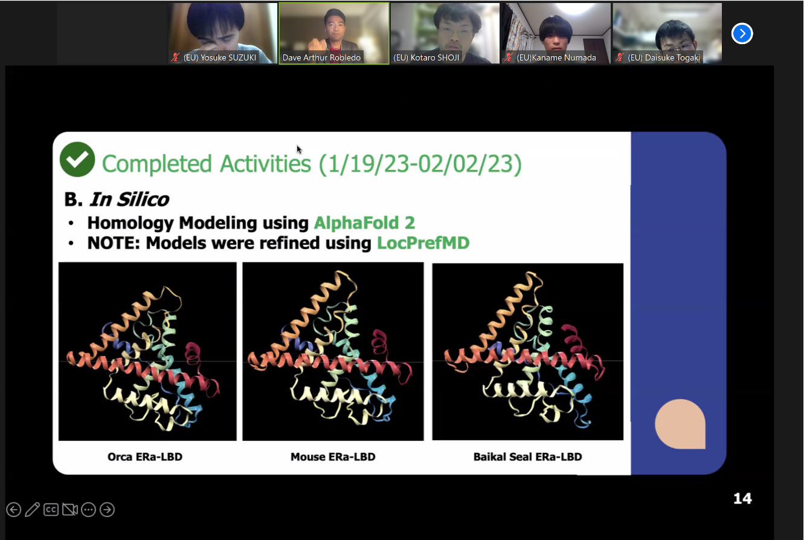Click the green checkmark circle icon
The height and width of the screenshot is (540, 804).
click(x=77, y=160)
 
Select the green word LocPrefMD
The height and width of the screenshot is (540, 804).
click(x=423, y=243)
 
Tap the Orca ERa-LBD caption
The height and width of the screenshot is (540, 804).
click(x=145, y=457)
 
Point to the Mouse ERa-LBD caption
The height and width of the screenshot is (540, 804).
click(x=333, y=457)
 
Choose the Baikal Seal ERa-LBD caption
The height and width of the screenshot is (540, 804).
click(x=527, y=457)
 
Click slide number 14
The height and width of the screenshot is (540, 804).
click(x=742, y=498)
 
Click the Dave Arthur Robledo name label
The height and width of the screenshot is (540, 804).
click(x=321, y=57)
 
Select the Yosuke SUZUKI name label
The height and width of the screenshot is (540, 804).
click(x=220, y=57)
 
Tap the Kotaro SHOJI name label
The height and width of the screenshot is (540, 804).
click(x=426, y=57)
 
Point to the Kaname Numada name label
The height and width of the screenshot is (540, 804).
click(x=556, y=57)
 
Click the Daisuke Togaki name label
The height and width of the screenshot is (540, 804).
click(x=664, y=57)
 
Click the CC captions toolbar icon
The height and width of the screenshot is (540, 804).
click(x=51, y=509)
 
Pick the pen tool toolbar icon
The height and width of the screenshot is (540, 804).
click(x=32, y=509)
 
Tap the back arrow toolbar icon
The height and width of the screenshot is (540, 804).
click(x=14, y=509)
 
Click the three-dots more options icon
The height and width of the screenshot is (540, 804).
click(x=88, y=509)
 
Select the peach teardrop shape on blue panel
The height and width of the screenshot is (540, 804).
click(x=680, y=424)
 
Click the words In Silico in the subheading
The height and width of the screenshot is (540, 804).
click(x=129, y=200)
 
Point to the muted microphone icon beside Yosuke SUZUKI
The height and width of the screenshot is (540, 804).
click(x=175, y=57)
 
